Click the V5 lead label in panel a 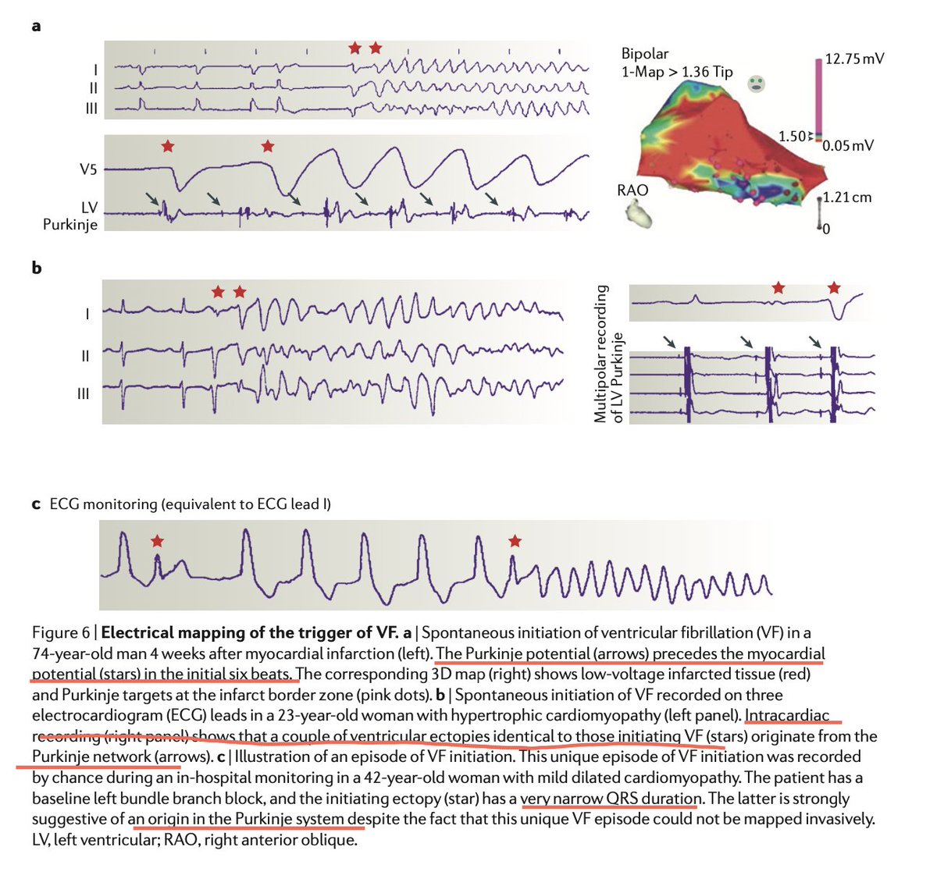tap(88, 169)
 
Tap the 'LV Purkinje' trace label tap(70, 215)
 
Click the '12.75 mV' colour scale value tap(854, 59)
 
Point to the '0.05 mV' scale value tap(848, 145)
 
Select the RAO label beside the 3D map tap(632, 190)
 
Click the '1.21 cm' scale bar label tap(847, 198)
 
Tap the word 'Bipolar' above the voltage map tap(644, 54)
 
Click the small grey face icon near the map tap(757, 84)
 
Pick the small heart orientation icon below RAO tap(639, 213)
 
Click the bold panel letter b tap(37, 268)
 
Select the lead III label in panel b tap(83, 393)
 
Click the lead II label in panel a tap(94, 88)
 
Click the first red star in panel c tap(157, 541)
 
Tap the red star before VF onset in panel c tap(515, 541)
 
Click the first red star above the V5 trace tap(168, 146)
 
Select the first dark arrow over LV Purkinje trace tap(152, 198)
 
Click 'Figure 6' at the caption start tap(61, 633)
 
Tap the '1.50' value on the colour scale tap(792, 137)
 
